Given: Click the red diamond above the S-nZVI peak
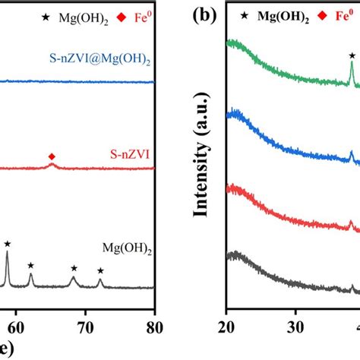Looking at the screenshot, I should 52,156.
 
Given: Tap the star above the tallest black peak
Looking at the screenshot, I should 8,244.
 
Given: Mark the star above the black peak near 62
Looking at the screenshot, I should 31,265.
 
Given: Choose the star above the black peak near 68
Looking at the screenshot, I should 74,268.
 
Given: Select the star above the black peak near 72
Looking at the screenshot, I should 100,271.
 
